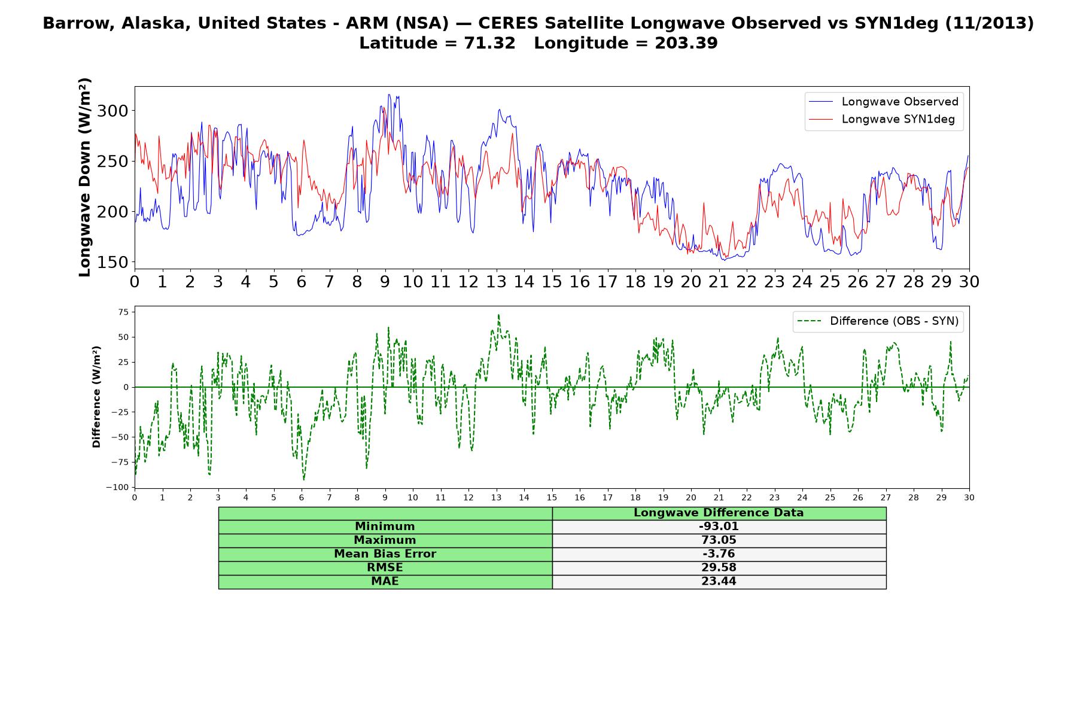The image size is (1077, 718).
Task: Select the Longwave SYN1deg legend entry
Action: tap(882, 119)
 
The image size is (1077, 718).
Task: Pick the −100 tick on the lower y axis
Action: tap(117, 488)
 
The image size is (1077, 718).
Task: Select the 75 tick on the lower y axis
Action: tap(123, 312)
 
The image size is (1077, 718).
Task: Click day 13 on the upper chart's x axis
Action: tap(496, 282)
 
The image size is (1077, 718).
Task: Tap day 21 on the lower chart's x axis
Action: tap(719, 497)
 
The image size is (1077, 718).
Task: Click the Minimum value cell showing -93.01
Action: tap(719, 527)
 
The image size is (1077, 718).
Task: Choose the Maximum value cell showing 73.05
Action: tap(719, 540)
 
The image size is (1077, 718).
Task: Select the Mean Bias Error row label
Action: tap(385, 554)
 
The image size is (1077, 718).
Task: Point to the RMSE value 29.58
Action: tap(719, 568)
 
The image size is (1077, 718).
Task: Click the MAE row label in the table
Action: tap(385, 582)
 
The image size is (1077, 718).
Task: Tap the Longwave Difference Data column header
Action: tap(719, 513)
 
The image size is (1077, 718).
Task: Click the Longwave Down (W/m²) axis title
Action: tap(85, 177)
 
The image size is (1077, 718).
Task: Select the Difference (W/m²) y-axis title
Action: tap(96, 397)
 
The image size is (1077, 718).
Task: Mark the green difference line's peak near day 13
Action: tap(498, 315)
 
